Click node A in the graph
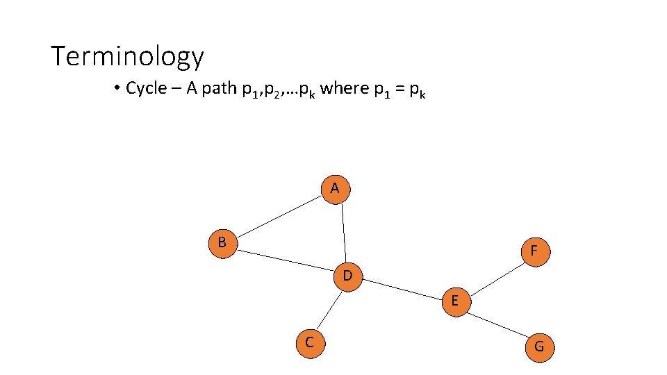coord(335,189)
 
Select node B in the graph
coord(222,243)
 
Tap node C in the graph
coord(309,343)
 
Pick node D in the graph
coord(347,276)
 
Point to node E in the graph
coord(454,301)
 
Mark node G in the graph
coord(539,347)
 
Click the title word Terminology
coord(127,56)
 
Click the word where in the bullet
coord(343,89)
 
